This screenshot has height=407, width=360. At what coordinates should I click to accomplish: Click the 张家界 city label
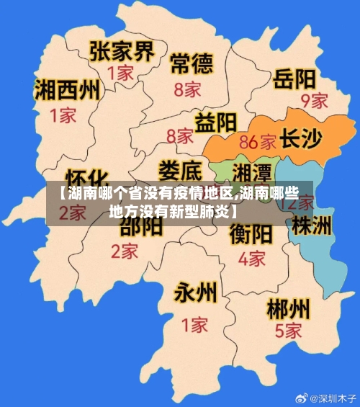[x=122, y=50]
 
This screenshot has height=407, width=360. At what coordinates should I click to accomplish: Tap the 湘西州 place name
[x=67, y=91]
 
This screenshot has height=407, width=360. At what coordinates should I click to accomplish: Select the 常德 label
[x=192, y=64]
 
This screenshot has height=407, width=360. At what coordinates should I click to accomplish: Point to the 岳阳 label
[x=294, y=77]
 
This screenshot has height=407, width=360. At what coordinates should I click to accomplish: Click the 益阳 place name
[x=217, y=121]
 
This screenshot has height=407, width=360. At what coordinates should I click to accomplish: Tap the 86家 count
[x=258, y=141]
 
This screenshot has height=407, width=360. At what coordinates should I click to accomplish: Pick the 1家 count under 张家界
[x=120, y=73]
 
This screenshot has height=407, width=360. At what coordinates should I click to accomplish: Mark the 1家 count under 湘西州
[x=63, y=115]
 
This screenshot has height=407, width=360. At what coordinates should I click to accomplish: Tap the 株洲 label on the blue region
[x=312, y=225]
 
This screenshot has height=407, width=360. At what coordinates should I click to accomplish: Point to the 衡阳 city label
[x=251, y=234]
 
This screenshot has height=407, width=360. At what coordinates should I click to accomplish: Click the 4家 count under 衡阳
[x=251, y=257]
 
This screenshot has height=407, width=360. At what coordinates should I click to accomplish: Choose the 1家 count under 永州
[x=194, y=324]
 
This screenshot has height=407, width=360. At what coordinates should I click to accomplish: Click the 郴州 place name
[x=289, y=310]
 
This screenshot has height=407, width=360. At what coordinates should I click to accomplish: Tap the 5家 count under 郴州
[x=288, y=331]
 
